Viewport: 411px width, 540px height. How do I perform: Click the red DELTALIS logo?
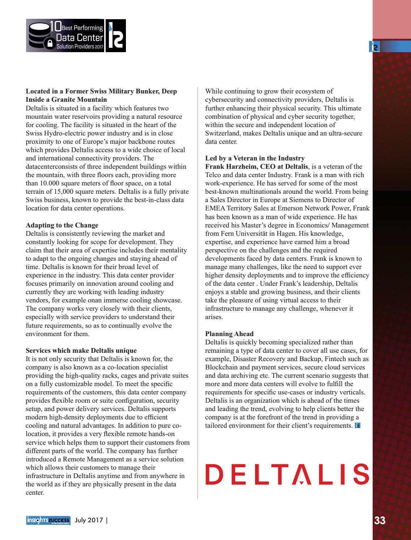point(287,474)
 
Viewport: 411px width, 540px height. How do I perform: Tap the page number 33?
point(380,521)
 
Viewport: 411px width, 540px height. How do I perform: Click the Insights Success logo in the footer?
point(48,520)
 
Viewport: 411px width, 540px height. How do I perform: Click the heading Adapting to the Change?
point(62,225)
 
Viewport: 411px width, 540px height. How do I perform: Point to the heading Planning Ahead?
point(229,334)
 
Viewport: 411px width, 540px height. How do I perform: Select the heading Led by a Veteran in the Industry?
point(255,158)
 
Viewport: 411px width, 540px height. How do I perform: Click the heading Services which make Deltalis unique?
point(81,351)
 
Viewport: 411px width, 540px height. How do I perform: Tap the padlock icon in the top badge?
point(50,43)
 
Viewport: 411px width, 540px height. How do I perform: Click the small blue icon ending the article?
point(357,426)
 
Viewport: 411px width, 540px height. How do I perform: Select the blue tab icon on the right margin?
point(374,47)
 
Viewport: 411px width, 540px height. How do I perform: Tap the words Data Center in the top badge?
point(80,38)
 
